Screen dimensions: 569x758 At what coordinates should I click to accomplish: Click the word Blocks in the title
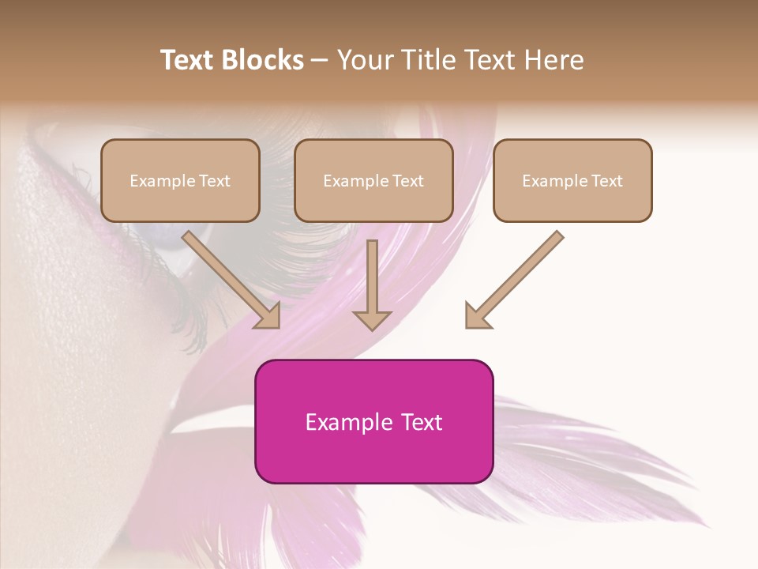[x=263, y=60]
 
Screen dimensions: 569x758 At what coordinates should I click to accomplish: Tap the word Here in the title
[x=555, y=60]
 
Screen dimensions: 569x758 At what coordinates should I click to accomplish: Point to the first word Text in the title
[x=189, y=60]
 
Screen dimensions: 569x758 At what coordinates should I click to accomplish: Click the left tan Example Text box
[x=180, y=180]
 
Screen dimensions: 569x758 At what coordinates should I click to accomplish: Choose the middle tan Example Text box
[x=373, y=180]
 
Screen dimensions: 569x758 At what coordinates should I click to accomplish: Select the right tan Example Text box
[x=572, y=180]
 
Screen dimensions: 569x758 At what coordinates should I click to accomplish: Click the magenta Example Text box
[x=373, y=421]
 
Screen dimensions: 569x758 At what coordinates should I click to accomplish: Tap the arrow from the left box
[x=229, y=277]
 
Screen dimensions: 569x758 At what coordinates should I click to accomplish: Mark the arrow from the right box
[x=517, y=277]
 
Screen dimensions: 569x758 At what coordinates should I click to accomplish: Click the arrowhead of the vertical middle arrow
[x=372, y=319]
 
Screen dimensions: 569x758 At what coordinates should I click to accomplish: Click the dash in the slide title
[x=320, y=60]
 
